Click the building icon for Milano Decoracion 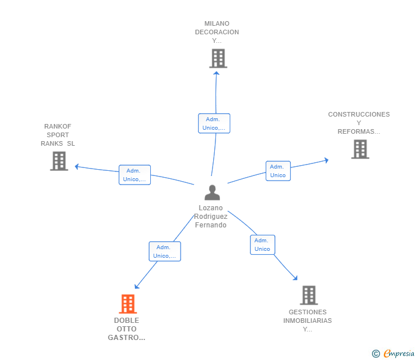coord(218,58)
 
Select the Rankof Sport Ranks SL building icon coord(59,161)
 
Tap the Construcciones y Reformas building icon coord(360,149)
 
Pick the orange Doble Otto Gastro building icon coord(127,304)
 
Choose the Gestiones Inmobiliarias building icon coord(309,295)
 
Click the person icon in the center coord(212,193)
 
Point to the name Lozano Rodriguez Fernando coord(211,217)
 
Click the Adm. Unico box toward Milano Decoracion coord(214,123)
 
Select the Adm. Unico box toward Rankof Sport coord(135,175)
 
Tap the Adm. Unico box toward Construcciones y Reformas coord(278,171)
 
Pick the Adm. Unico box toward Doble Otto coord(165,251)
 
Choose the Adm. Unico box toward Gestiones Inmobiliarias coord(262,245)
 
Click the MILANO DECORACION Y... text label coord(217,32)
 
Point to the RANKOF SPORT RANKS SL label coord(58,135)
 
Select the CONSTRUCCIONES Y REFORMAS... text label coord(359,123)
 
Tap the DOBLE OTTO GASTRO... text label coord(127,329)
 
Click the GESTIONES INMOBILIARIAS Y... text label coord(307,321)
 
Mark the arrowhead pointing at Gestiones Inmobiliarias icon coord(295,278)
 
